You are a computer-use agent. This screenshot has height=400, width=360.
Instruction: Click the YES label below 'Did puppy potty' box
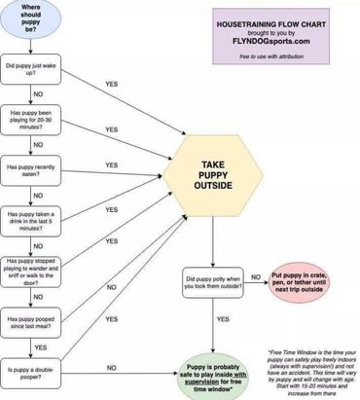pos(223,318)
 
